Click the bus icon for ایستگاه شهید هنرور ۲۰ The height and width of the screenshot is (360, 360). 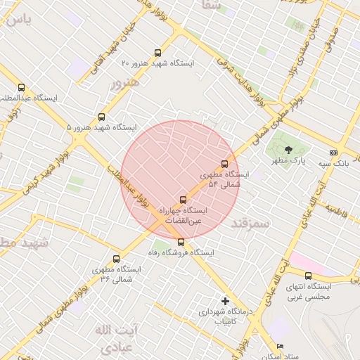pyautogui.click(x=157, y=53)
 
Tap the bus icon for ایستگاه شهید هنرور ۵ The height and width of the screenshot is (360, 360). pyautogui.click(x=102, y=117)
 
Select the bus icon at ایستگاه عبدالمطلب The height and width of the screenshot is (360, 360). pyautogui.click(x=21, y=88)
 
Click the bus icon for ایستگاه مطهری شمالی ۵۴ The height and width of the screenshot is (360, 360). pyautogui.click(x=225, y=164)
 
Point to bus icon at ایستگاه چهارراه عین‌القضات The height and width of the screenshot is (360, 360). pyautogui.click(x=184, y=200)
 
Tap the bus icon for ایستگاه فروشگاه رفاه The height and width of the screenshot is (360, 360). pyautogui.click(x=181, y=242)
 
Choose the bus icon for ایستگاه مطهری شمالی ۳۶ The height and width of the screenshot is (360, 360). pyautogui.click(x=116, y=259)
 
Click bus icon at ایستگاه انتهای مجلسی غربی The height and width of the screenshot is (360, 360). pyautogui.click(x=308, y=276)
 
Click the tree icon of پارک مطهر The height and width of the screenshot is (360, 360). pyautogui.click(x=289, y=149)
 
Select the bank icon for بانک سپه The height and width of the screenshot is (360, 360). pyautogui.click(x=333, y=153)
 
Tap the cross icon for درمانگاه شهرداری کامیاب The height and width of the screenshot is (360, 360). pyautogui.click(x=225, y=301)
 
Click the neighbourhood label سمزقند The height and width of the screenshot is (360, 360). pyautogui.click(x=250, y=224)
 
